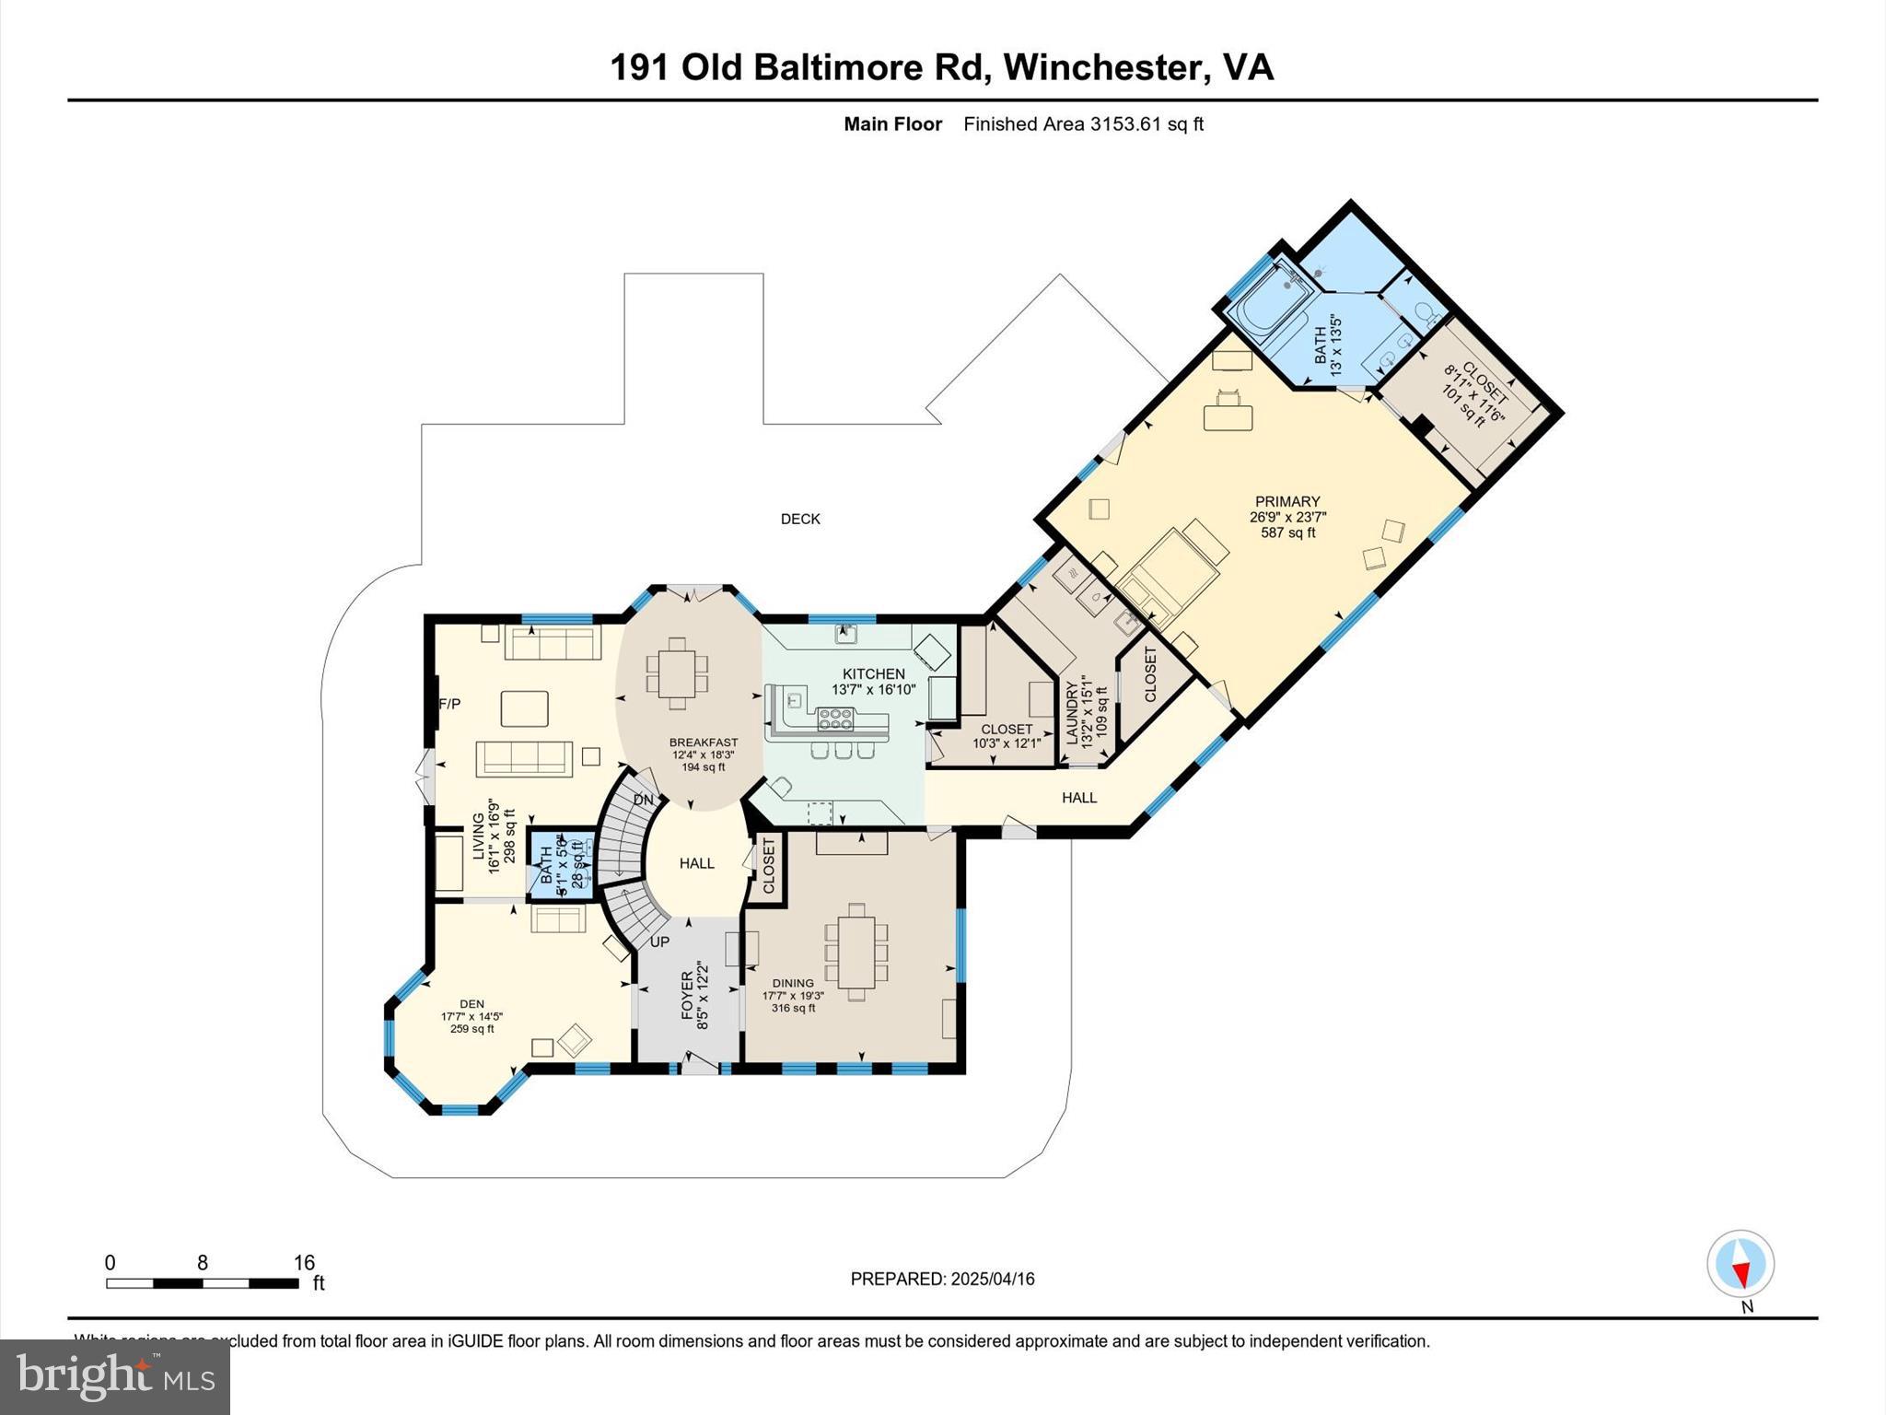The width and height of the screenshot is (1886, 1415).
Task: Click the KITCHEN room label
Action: pyautogui.click(x=873, y=674)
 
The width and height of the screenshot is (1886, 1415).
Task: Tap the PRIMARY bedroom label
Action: pyautogui.click(x=1286, y=502)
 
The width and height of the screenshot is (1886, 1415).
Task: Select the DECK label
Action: pyautogui.click(x=800, y=520)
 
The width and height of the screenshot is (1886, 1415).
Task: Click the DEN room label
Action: pyautogui.click(x=471, y=1004)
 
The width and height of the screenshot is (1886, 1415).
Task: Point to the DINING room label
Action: pyautogui.click(x=793, y=983)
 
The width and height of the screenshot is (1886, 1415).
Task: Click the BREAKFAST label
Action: pyautogui.click(x=704, y=743)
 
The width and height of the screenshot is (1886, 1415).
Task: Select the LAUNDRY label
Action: pyautogui.click(x=1072, y=711)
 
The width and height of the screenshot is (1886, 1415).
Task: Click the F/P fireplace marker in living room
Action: pyautogui.click(x=449, y=704)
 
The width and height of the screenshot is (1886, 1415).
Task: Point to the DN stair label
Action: pyautogui.click(x=643, y=800)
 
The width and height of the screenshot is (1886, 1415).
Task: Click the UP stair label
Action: pyautogui.click(x=659, y=942)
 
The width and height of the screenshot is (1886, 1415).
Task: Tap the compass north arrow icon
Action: pyautogui.click(x=1740, y=1265)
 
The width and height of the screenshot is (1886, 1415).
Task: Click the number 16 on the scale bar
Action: pyautogui.click(x=304, y=1263)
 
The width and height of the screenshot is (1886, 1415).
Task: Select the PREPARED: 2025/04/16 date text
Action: pyautogui.click(x=942, y=1279)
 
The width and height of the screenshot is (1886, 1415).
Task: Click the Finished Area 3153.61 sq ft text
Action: pyautogui.click(x=1083, y=124)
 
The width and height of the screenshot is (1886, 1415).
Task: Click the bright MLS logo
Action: pyautogui.click(x=115, y=1376)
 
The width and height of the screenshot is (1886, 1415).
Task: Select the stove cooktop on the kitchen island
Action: pyautogui.click(x=835, y=714)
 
